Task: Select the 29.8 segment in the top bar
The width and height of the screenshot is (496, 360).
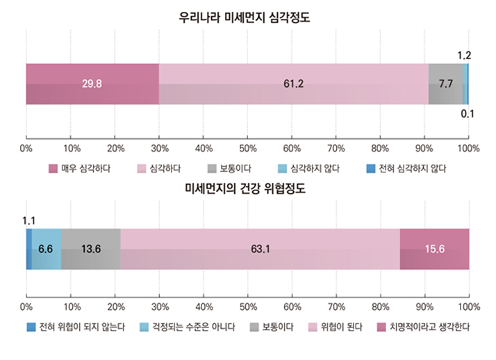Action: [92, 84]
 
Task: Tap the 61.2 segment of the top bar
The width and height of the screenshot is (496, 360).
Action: [293, 84]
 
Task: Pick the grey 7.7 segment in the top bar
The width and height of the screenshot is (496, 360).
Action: [445, 84]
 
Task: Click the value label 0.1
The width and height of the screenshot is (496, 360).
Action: [468, 115]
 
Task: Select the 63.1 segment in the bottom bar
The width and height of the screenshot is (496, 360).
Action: [260, 249]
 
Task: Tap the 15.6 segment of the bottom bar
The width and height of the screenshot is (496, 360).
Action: [434, 249]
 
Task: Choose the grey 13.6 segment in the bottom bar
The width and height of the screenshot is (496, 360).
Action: [90, 249]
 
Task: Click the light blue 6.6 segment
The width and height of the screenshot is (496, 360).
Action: [46, 249]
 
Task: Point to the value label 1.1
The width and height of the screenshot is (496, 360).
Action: [28, 220]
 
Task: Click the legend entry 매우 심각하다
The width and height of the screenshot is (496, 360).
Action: [78, 168]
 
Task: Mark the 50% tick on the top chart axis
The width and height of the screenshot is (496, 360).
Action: [247, 148]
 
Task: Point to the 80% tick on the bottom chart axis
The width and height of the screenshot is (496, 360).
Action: [380, 306]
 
